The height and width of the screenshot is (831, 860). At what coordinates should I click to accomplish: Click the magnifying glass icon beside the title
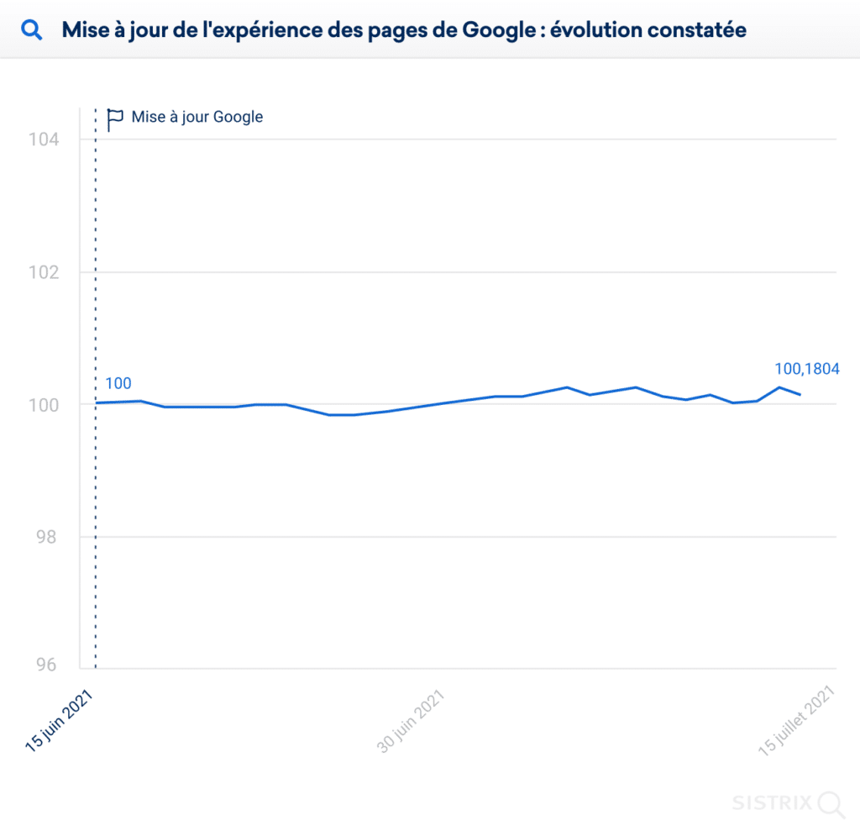tap(32, 31)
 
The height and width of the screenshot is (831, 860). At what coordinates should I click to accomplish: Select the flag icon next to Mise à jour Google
tap(115, 118)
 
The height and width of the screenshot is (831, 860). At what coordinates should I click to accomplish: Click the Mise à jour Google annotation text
tap(197, 117)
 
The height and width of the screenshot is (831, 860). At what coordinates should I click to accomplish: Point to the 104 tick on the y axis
tap(44, 139)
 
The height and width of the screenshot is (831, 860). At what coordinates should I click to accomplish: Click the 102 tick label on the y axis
tap(44, 272)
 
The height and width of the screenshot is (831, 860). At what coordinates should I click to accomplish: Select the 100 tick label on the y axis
tap(44, 405)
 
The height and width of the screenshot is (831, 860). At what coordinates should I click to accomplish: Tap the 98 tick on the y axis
tap(47, 537)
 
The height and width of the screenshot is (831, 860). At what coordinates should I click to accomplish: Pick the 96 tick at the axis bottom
tap(47, 665)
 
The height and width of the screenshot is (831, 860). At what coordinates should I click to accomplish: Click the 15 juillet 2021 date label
tap(796, 722)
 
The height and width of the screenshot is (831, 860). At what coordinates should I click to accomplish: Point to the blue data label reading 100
tap(118, 384)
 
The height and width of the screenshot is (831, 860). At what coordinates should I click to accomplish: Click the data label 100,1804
tap(807, 368)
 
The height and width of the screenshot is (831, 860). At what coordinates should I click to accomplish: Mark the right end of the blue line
tap(800, 394)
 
